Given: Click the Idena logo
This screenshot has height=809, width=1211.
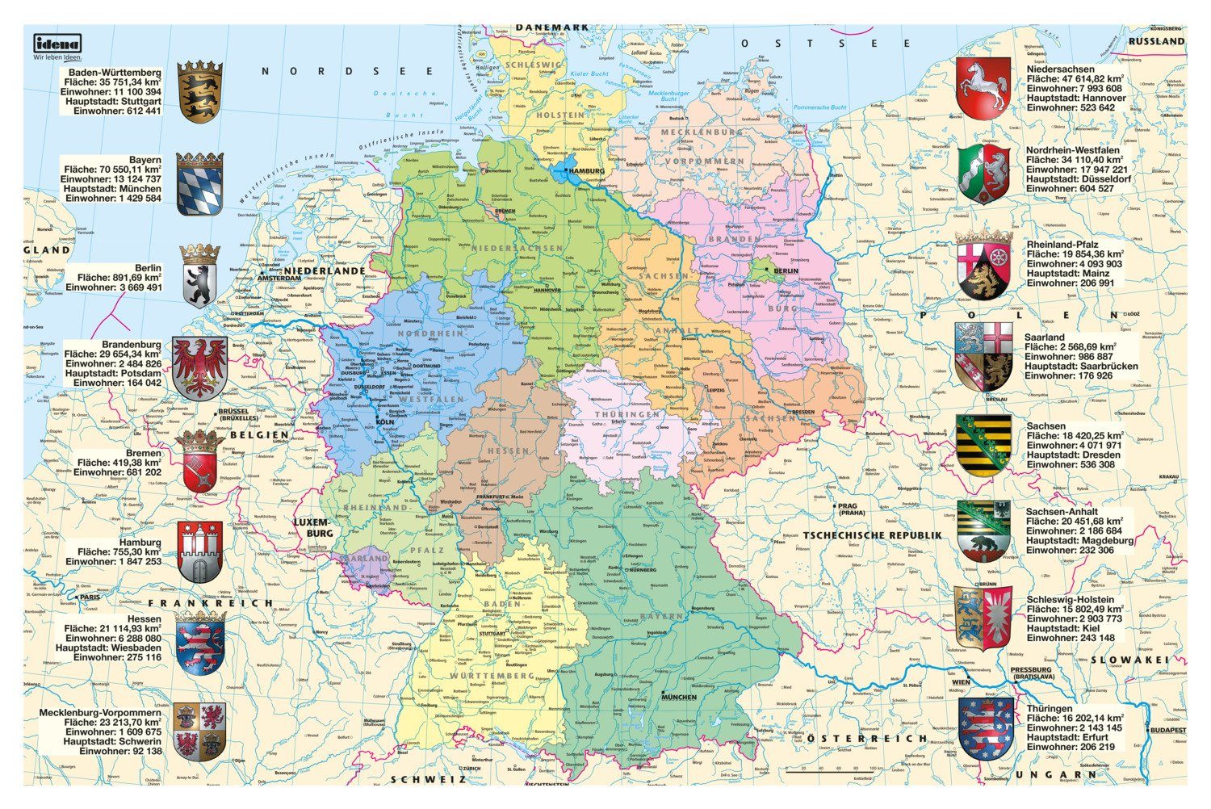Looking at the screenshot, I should coord(57,44).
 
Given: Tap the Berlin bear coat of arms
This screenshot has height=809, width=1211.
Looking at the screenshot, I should coord(199,277).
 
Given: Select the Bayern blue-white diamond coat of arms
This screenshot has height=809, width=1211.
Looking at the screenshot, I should coord(199,185).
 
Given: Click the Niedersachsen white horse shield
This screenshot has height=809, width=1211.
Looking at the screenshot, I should coord(983,86).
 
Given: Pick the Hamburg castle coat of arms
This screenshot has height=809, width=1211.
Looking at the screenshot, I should coord(199,551).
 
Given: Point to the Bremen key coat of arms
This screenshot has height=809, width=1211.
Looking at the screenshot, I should coord(199,462).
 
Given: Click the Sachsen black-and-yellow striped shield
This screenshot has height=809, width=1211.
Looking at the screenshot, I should coord(983,445).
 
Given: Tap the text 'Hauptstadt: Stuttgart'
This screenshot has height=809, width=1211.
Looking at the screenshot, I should coord(116,102).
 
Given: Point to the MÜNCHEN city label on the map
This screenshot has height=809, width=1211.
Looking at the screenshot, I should coord(679,696).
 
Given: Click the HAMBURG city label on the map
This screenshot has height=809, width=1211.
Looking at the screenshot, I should coord(587,171).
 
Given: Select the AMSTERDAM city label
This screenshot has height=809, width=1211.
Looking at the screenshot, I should coord(279,279).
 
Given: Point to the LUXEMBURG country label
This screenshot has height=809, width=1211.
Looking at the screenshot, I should coord(312,528).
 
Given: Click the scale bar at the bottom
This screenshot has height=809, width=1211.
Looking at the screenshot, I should coord(835,769).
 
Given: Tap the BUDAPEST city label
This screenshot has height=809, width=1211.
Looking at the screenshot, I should coord(1168,730).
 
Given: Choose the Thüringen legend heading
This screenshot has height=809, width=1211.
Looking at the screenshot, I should coord(1050,708).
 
